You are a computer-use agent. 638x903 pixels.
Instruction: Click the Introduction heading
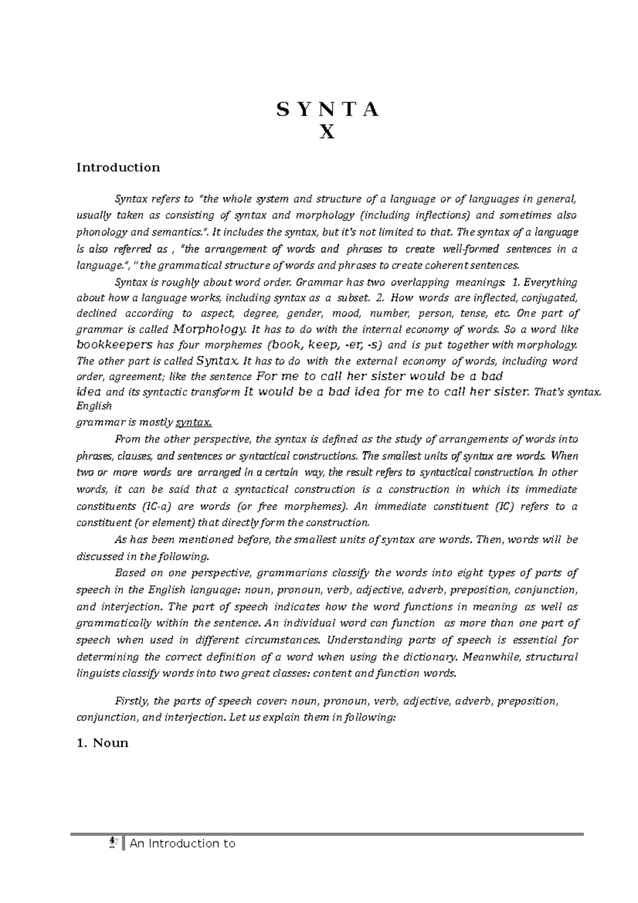tap(118, 168)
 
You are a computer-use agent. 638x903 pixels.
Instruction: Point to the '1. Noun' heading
tap(103, 743)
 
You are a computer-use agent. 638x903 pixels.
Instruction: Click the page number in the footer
tap(112, 842)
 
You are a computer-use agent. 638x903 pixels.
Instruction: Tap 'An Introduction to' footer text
tap(182, 843)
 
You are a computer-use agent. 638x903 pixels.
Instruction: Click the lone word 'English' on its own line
tap(94, 406)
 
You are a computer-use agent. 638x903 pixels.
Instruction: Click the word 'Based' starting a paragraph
tap(128, 573)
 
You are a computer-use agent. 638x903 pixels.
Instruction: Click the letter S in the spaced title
tap(281, 110)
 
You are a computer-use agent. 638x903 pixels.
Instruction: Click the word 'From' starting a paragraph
tap(126, 439)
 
